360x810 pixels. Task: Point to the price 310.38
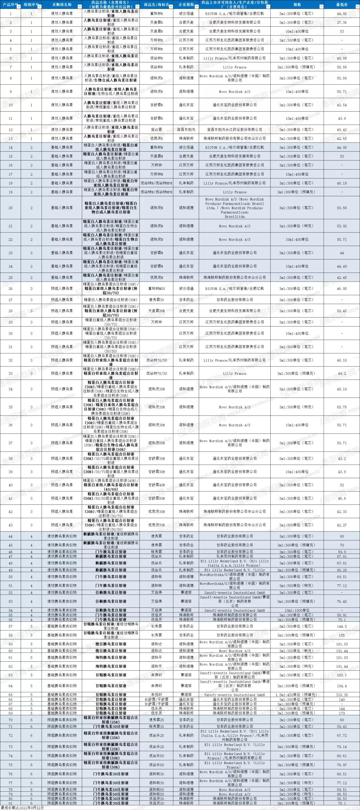point(342,695)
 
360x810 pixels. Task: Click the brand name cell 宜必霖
point(156,130)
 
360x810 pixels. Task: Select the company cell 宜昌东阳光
point(186,130)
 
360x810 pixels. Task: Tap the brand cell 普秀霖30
point(156,300)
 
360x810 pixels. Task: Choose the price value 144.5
point(342,626)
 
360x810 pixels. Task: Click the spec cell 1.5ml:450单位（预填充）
point(297,695)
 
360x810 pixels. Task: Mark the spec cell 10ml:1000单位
point(297,610)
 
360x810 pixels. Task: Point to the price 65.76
point(342,407)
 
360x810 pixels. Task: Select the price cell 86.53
point(342,794)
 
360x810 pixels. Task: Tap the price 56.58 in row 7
point(342,67)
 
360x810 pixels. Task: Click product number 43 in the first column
point(10,525)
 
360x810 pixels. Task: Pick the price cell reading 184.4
point(342,686)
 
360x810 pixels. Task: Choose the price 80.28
point(342,570)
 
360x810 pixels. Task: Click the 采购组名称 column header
point(62,5)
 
